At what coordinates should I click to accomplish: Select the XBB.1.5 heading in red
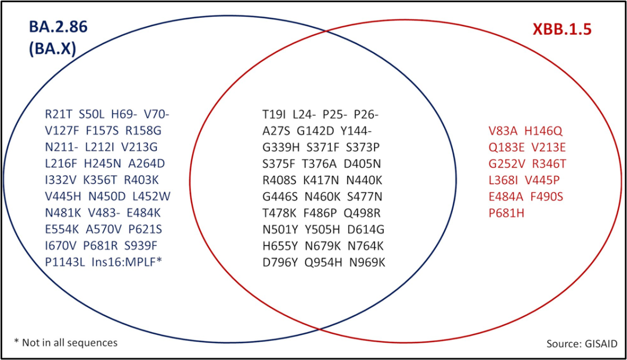[561, 30]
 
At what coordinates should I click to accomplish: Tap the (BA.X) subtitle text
[52, 49]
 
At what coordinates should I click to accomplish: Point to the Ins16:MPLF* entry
[127, 262]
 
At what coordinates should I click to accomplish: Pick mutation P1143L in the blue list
[65, 262]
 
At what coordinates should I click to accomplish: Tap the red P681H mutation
[506, 213]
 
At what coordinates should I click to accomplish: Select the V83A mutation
[503, 131]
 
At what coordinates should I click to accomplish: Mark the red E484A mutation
[506, 196]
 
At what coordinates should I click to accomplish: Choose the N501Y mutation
[280, 229]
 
